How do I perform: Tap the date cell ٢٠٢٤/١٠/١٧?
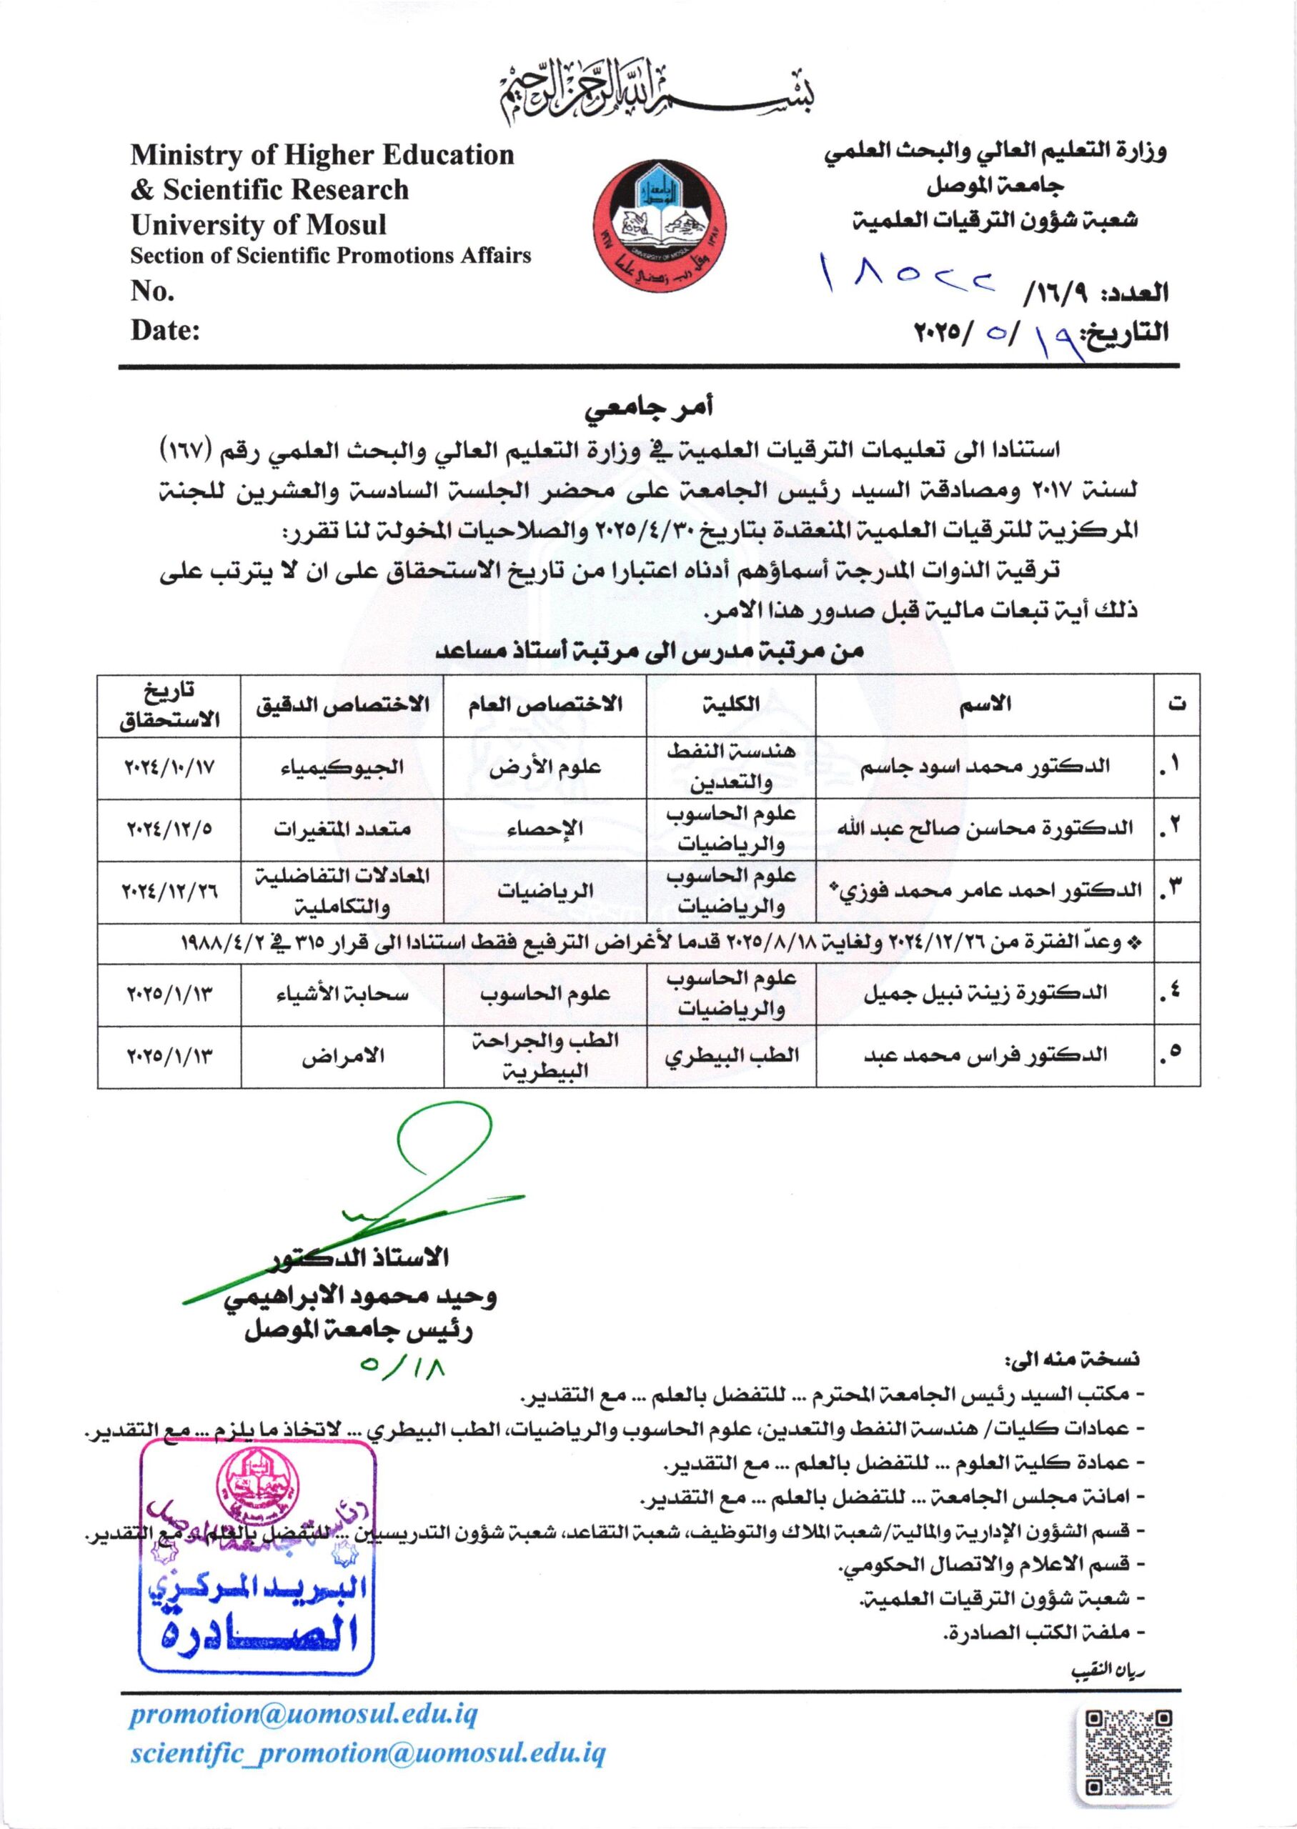point(170,767)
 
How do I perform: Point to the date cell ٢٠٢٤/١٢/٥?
point(170,829)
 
